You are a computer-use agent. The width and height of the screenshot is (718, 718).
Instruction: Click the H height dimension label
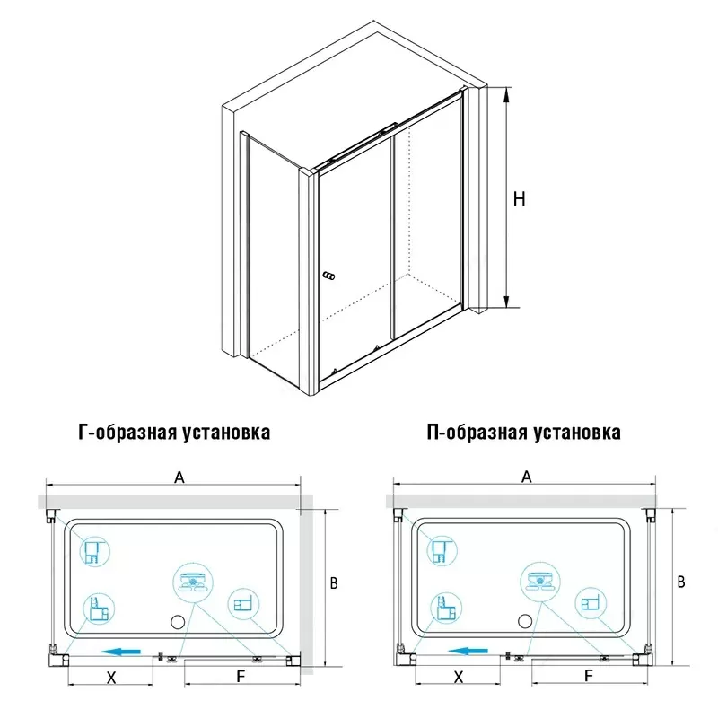pyautogui.click(x=519, y=199)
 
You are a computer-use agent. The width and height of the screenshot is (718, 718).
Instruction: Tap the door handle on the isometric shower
pyautogui.click(x=328, y=276)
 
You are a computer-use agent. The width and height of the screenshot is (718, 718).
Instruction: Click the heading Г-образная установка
pyautogui.click(x=174, y=433)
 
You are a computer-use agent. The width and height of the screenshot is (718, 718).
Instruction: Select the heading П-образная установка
pyautogui.click(x=523, y=433)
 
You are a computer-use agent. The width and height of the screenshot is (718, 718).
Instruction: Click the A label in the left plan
pyautogui.click(x=179, y=477)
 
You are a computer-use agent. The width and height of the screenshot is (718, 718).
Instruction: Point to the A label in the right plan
pyautogui.click(x=527, y=477)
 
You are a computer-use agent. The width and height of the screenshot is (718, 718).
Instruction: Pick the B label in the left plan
pyautogui.click(x=334, y=582)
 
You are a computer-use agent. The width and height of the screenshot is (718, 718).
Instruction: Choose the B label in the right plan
pyautogui.click(x=681, y=582)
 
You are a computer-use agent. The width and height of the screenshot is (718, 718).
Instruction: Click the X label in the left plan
pyautogui.click(x=111, y=678)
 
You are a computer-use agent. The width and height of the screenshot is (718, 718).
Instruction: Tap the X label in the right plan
pyautogui.click(x=459, y=677)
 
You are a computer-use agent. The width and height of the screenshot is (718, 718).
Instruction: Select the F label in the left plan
pyautogui.click(x=241, y=677)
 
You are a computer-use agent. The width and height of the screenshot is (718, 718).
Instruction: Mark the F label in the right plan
pyautogui.click(x=589, y=676)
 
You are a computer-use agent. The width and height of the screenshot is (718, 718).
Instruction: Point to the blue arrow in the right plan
pyautogui.click(x=468, y=651)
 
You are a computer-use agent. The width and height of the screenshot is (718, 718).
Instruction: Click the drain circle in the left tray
pyautogui.click(x=178, y=622)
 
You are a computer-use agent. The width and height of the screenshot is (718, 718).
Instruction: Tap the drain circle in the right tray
pyautogui.click(x=525, y=621)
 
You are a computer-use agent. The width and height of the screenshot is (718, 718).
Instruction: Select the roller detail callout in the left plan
pyautogui.click(x=193, y=582)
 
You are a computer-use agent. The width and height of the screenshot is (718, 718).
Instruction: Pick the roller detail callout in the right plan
pyautogui.click(x=540, y=581)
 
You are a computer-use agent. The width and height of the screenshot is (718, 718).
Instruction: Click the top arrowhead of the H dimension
pyautogui.click(x=506, y=94)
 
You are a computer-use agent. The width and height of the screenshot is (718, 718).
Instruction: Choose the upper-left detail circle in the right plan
pyautogui.click(x=442, y=551)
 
